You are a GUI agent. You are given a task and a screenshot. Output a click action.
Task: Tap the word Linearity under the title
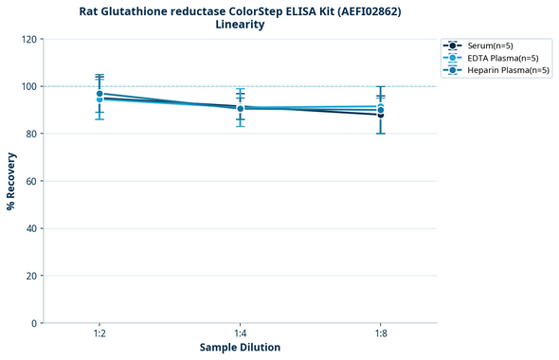coord(240,25)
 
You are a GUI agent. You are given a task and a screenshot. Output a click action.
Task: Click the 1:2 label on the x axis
coord(99,334)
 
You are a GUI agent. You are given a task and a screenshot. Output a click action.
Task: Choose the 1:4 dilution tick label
coord(240,334)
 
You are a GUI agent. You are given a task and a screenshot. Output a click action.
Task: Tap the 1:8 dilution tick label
coord(380,334)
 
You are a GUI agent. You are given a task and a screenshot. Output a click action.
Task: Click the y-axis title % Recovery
coord(11,181)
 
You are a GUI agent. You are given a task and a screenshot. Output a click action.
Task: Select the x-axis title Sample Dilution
coord(240,348)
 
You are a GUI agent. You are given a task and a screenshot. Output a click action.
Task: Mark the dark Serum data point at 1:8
coord(380,115)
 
